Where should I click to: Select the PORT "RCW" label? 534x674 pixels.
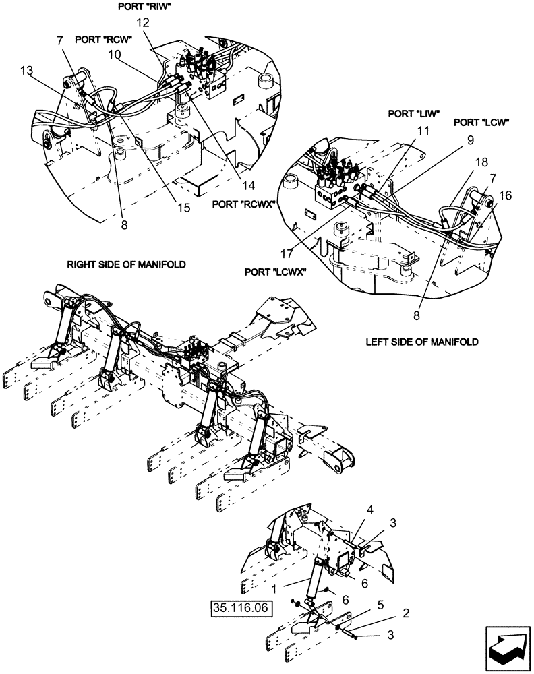(102, 39)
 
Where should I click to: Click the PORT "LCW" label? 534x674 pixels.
(481, 123)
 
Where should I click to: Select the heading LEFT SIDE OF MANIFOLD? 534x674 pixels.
(422, 342)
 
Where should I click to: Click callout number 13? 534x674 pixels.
(26, 71)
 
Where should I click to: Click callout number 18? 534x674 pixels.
(481, 164)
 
